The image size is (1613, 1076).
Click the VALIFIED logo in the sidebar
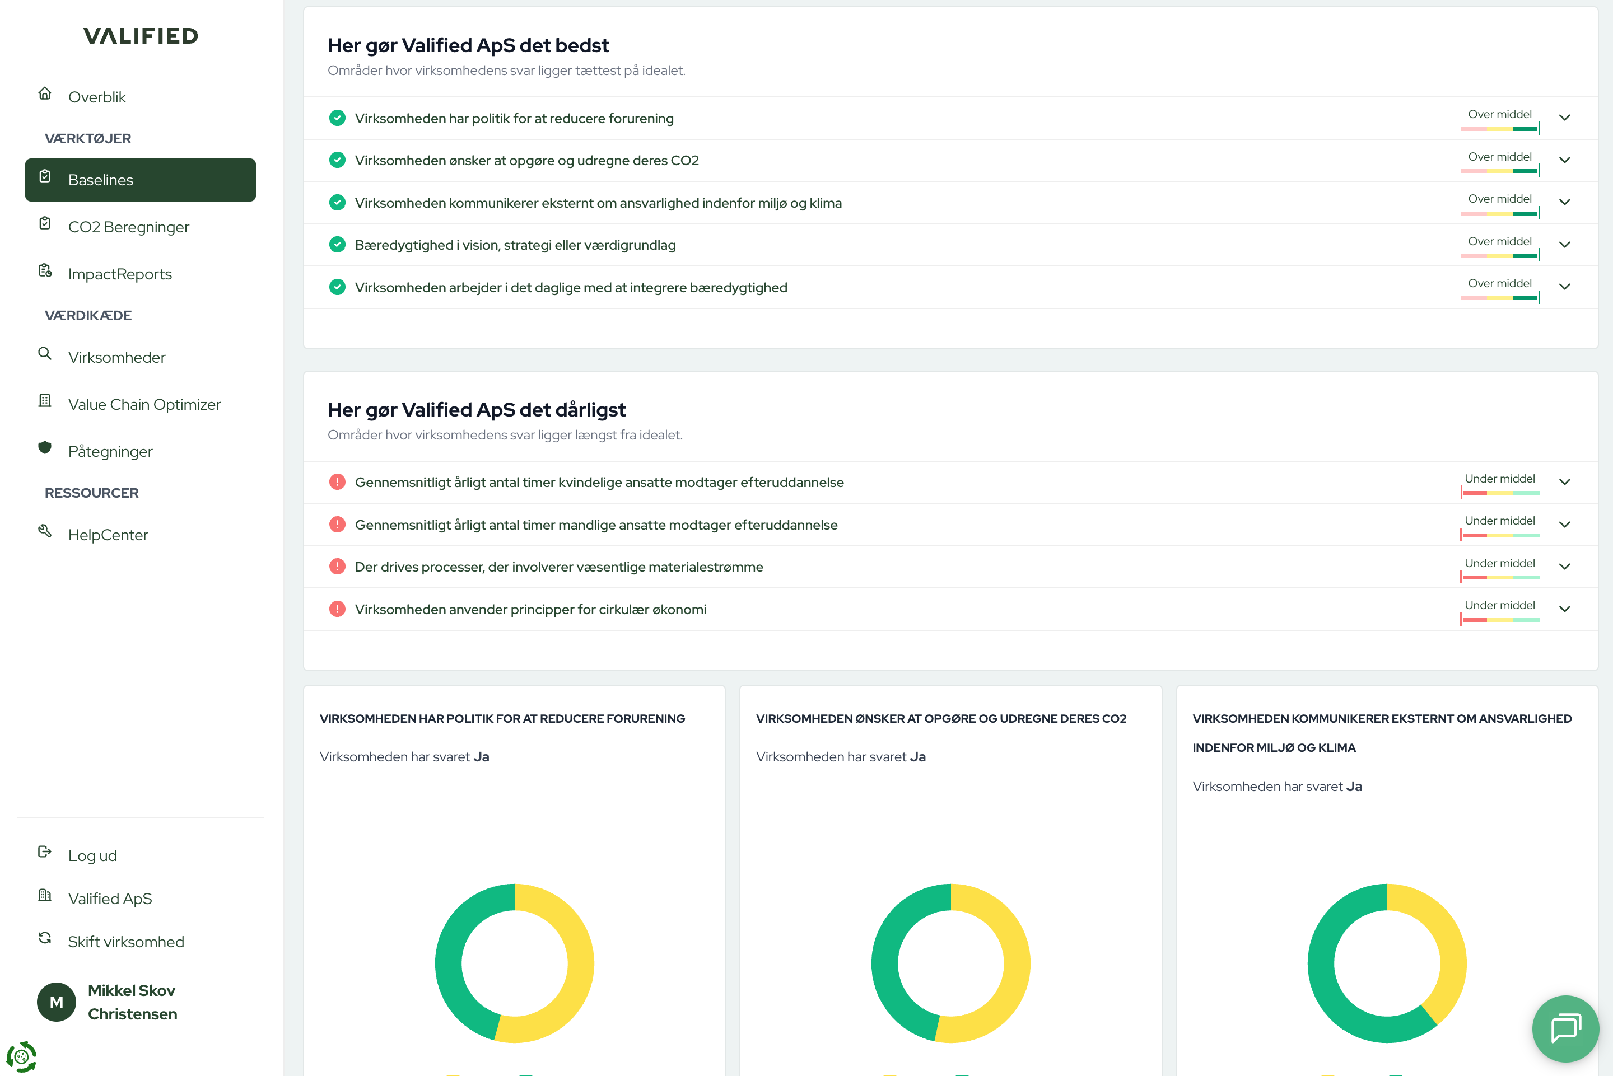click(141, 36)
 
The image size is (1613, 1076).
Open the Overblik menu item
click(97, 97)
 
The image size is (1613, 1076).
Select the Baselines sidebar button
click(140, 180)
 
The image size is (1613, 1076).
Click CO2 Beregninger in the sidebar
click(128, 227)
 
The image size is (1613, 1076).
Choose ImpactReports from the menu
click(119, 274)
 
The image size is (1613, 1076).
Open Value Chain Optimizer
click(144, 404)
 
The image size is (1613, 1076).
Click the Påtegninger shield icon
click(45, 448)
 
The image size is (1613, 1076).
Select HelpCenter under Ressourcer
click(108, 535)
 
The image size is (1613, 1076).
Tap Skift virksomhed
click(125, 942)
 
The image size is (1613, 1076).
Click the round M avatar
click(56, 1002)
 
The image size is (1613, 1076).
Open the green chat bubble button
click(1565, 1027)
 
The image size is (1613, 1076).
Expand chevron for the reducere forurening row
click(1564, 118)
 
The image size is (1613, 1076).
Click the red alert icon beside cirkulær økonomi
click(337, 609)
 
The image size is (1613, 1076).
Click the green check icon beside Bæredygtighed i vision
click(337, 245)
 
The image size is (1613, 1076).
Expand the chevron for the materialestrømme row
click(1564, 567)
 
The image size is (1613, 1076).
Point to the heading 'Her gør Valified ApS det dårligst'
click(477, 410)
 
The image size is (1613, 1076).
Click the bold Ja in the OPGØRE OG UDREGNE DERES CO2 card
click(918, 756)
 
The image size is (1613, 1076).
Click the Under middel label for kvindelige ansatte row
click(1500, 478)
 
